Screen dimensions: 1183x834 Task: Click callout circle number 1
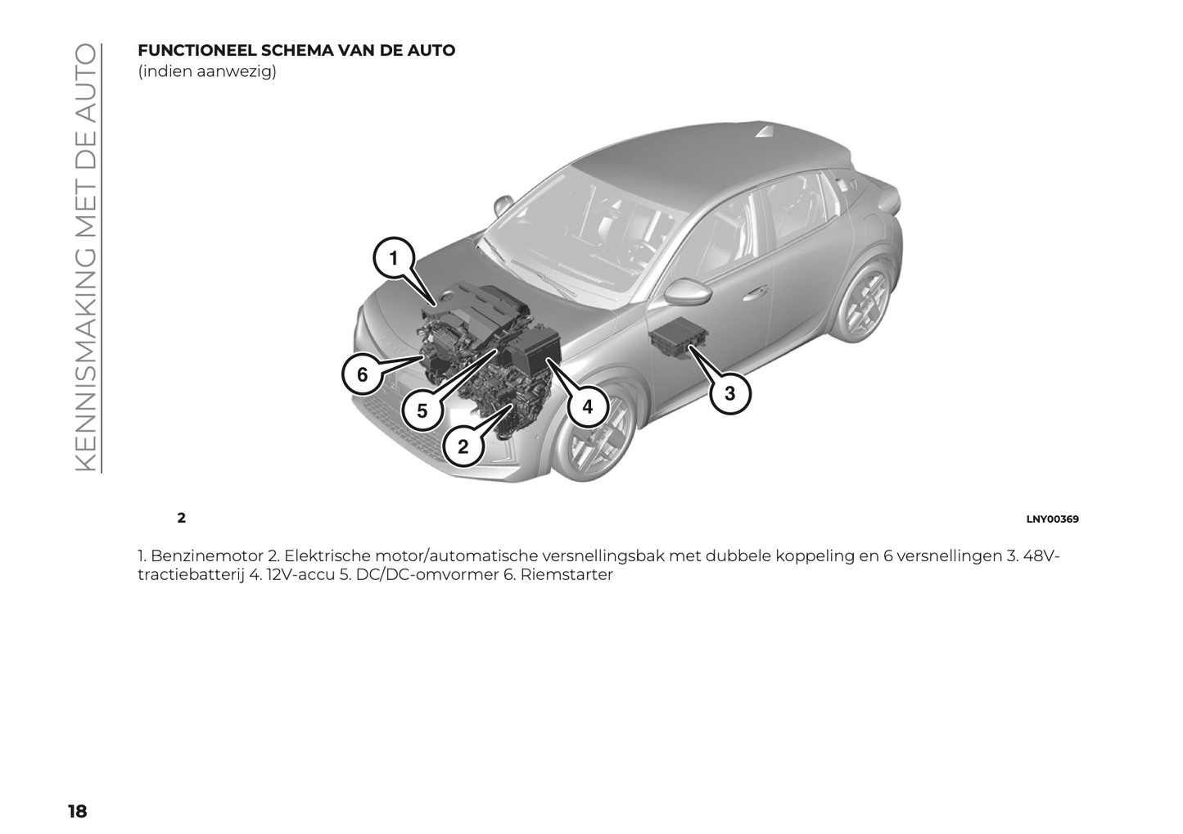coord(394,258)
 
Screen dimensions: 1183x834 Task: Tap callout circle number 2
coord(463,446)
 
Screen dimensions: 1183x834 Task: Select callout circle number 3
coord(730,393)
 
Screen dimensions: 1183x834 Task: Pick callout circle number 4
coord(588,407)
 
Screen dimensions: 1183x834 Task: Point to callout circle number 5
coord(422,410)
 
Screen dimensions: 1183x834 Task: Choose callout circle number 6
coord(363,374)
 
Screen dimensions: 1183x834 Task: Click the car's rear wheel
coord(864,299)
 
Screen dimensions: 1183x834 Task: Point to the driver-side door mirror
coord(686,291)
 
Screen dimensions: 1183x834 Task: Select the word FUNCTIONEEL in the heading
coord(196,51)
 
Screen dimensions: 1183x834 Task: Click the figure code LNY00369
coord(1053,519)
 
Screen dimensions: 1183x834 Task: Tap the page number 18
coord(78,811)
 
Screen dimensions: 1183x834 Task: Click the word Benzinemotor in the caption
coord(207,556)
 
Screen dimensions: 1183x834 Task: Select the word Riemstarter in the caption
coord(567,575)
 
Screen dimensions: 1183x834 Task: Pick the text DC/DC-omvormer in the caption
coord(427,575)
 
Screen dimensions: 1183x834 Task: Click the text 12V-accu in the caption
coord(300,575)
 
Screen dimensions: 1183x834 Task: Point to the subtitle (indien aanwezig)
coord(207,71)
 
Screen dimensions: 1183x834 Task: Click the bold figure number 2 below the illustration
coord(181,518)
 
